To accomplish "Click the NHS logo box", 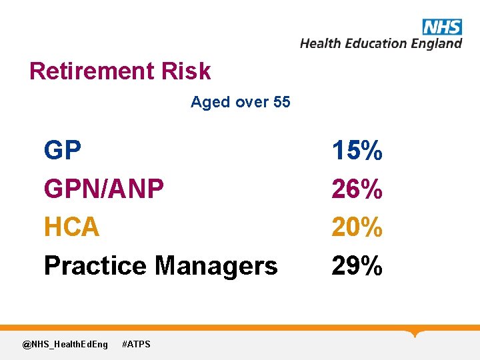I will [441, 27].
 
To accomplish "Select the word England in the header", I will [437, 43].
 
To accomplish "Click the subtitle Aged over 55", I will [240, 102].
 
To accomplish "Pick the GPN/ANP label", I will [103, 189].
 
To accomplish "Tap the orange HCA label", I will [71, 227].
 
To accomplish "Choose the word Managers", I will [216, 266].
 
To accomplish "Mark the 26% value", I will [357, 189].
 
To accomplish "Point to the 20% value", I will [357, 227].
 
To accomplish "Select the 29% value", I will [357, 266].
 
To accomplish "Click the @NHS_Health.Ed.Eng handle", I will [65, 344].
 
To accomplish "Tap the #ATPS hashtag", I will [137, 344].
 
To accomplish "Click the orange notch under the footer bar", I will [417, 333].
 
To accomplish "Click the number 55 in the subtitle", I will [281, 102].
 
